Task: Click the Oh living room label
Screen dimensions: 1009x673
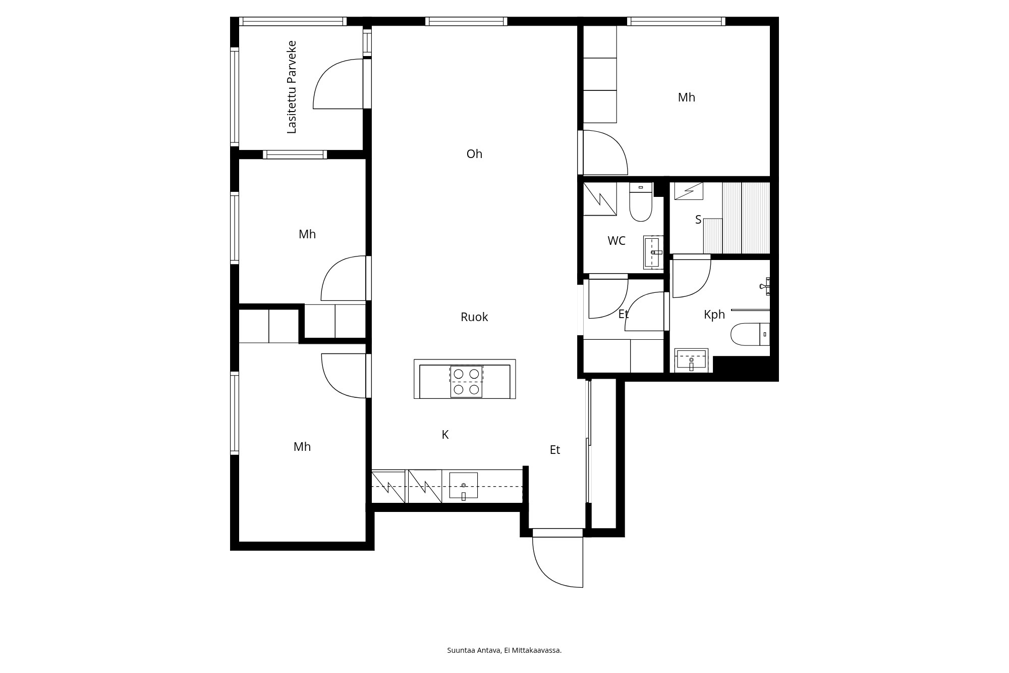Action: tap(474, 154)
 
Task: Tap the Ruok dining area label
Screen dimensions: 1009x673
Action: tap(474, 317)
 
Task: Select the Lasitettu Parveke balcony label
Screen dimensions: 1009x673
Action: tap(292, 87)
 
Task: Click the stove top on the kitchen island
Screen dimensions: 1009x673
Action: tap(466, 381)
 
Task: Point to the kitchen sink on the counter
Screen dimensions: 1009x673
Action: tap(464, 485)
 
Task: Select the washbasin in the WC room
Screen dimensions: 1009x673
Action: tap(653, 252)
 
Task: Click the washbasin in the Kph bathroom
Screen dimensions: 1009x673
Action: tap(691, 360)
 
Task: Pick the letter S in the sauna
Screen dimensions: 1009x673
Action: tap(698, 220)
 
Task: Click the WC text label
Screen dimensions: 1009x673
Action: tap(616, 241)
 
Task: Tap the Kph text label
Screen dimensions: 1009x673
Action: tap(714, 315)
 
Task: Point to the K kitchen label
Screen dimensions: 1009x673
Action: tap(445, 435)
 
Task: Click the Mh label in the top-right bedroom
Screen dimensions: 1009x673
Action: tap(687, 97)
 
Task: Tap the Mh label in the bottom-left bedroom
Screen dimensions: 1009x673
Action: tap(302, 447)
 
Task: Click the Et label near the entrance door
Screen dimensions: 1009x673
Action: tap(555, 450)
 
